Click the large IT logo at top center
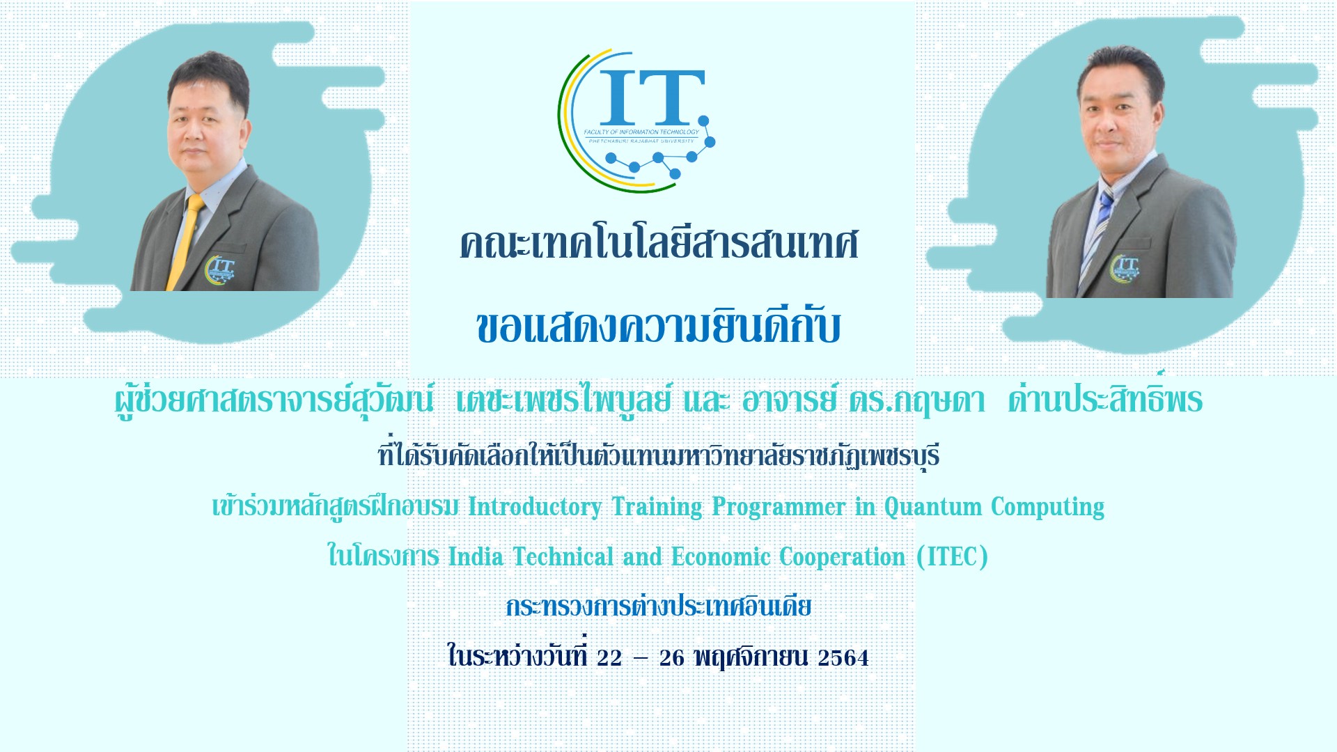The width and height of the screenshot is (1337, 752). [636, 120]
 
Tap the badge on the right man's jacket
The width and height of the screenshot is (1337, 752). [1125, 269]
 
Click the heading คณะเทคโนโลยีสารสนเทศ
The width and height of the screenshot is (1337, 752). [659, 244]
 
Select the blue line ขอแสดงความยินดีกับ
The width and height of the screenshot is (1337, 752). [659, 326]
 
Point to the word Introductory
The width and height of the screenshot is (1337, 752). [535, 507]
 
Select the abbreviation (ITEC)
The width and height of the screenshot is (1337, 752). [953, 557]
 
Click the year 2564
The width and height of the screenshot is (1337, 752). [843, 657]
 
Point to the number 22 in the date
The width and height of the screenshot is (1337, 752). [609, 657]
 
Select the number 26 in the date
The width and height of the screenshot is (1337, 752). [672, 657]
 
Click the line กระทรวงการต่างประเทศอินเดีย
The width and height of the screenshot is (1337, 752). [659, 606]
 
